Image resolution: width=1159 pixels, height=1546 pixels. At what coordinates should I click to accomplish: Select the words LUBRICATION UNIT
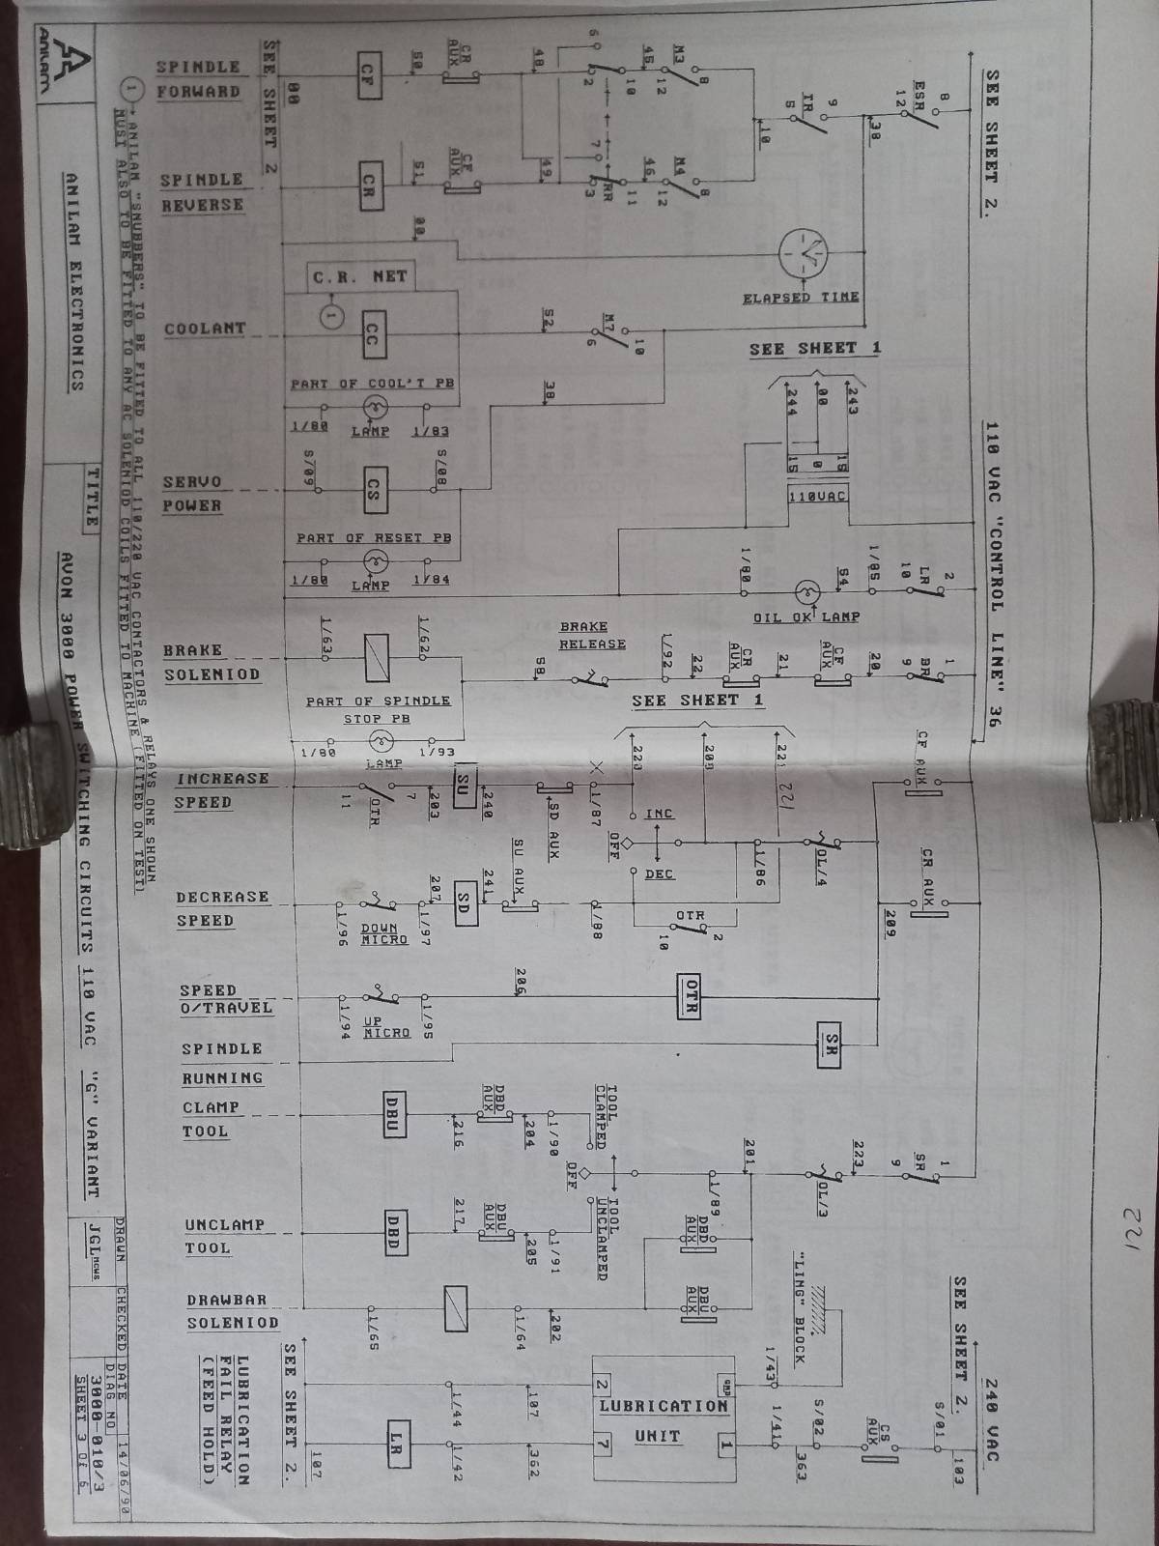pyautogui.click(x=663, y=1420)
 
